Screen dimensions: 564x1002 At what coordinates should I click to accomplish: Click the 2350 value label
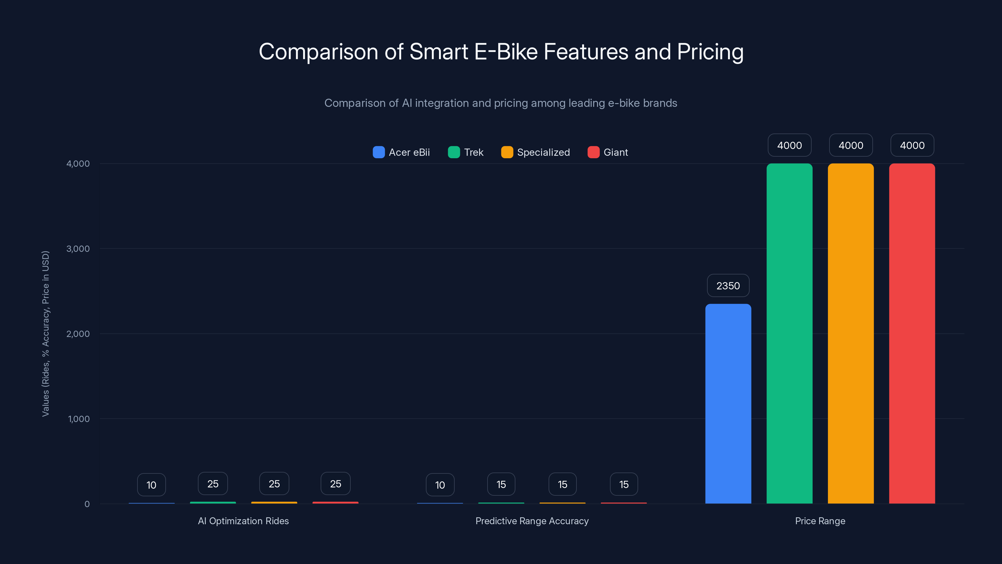[x=728, y=286]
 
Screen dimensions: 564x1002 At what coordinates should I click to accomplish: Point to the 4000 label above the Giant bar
[x=912, y=145]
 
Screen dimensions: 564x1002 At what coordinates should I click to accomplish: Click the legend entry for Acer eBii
[x=401, y=152]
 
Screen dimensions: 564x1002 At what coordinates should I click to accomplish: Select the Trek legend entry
[x=466, y=152]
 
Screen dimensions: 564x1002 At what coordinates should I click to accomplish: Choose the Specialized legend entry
[x=536, y=152]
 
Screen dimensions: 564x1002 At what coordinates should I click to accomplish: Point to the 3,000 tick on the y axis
[x=78, y=249]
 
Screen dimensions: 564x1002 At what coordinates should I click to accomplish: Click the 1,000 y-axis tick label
[x=79, y=419]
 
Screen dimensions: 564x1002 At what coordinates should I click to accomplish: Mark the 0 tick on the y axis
[x=87, y=504]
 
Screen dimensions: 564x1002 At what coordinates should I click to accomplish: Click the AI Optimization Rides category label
[x=243, y=521]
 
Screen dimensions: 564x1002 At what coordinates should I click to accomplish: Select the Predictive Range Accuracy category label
[x=532, y=521]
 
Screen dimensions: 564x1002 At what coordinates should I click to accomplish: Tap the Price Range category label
[x=820, y=521]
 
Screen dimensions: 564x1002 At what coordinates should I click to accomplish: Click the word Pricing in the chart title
[x=710, y=52]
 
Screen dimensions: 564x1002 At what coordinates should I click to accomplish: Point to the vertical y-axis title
[x=45, y=334]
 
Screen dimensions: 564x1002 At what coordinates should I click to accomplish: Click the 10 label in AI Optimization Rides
[x=151, y=485]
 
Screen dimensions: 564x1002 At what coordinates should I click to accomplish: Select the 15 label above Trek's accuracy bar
[x=501, y=484]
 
